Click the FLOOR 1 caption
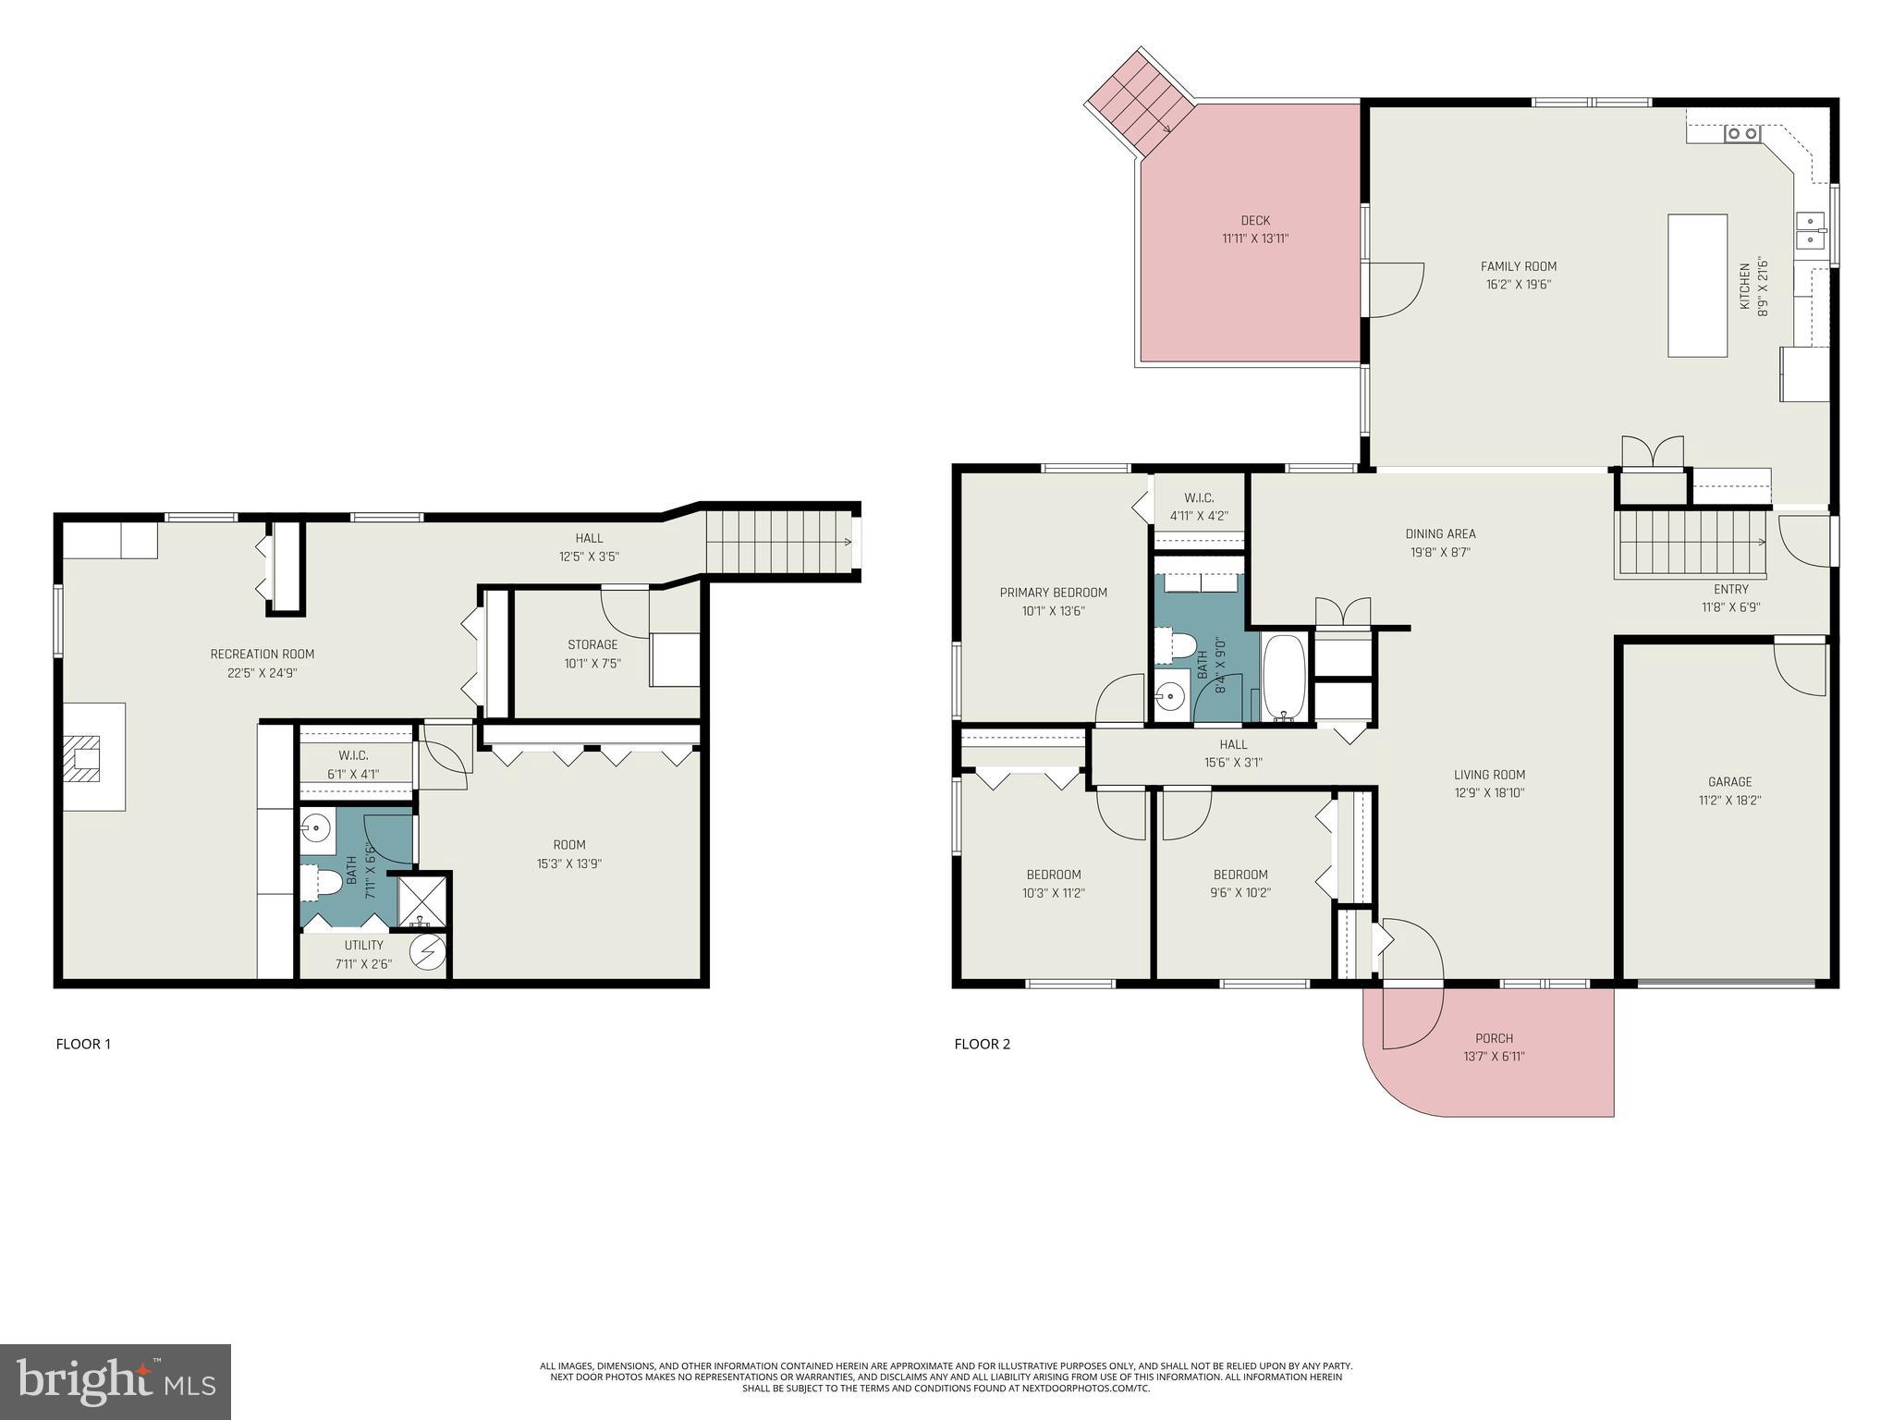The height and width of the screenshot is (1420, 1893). coord(83,1044)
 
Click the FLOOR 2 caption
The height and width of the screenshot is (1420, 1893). coord(982,1044)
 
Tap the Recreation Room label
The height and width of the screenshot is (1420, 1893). coord(262,655)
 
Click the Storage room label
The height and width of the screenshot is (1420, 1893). coord(592,644)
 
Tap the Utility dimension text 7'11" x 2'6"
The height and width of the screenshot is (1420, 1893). coord(363,964)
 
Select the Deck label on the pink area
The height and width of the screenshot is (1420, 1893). coord(1255,220)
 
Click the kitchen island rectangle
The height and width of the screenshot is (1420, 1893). coord(1697,285)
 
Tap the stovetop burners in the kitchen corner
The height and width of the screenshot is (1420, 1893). coord(1742,134)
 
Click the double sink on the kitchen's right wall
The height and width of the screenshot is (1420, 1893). coord(1810,230)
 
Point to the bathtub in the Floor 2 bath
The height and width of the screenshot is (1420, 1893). coord(1284,677)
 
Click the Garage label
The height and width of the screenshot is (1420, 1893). coord(1729,781)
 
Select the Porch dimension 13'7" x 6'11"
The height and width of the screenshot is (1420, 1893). coord(1494,1056)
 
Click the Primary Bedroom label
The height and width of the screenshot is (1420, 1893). coord(1053,593)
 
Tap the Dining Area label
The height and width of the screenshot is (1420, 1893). coord(1440,533)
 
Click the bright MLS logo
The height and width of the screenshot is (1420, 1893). coord(116,1381)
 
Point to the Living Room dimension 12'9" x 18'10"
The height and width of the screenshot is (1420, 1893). coord(1489,792)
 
